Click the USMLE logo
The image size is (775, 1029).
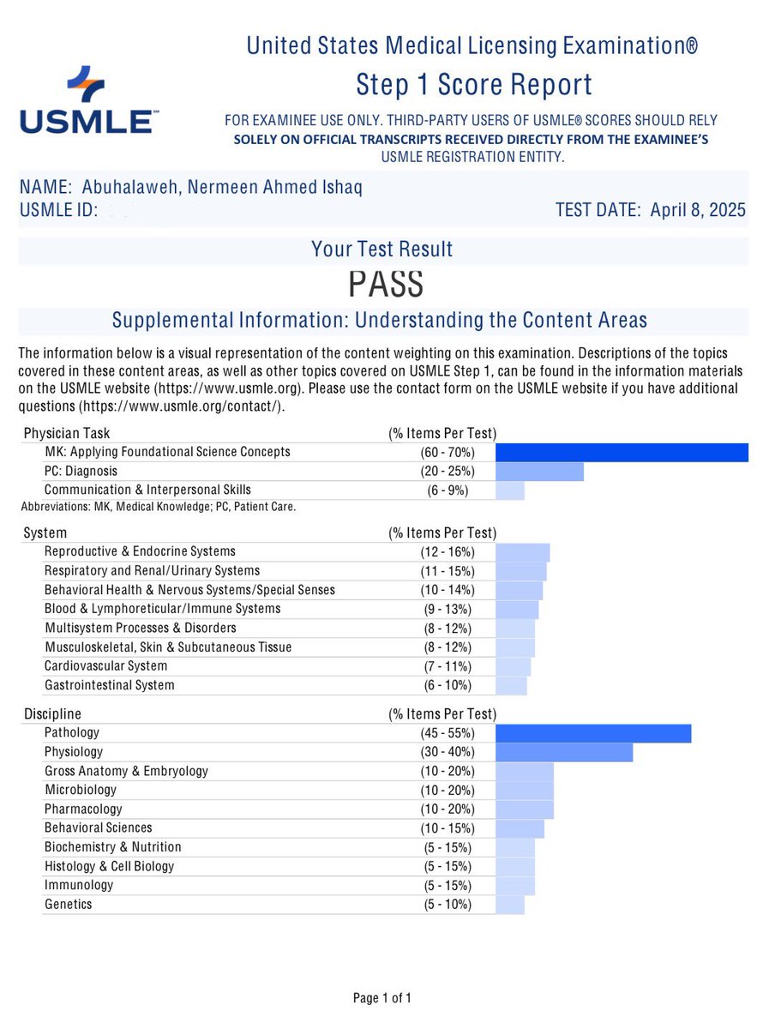[86, 100]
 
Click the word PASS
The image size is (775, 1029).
[385, 284]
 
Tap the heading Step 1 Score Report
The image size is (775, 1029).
[473, 85]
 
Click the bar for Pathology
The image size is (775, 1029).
[593, 733]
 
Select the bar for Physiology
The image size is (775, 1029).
[564, 752]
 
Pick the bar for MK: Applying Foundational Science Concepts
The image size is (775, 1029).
[622, 452]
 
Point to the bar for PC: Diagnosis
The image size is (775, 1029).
[539, 472]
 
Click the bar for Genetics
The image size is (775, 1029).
[510, 905]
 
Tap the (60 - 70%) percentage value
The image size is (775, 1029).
[442, 452]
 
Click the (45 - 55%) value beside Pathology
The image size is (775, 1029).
[442, 733]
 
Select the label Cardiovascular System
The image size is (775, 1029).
[105, 665]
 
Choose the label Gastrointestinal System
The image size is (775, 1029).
[109, 685]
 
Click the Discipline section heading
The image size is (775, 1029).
[52, 714]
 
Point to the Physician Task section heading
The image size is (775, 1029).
[67, 433]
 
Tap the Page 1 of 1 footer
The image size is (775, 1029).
[382, 998]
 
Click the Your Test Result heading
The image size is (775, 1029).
[382, 250]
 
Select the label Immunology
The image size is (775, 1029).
[79, 885]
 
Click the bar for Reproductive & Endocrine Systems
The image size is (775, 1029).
[522, 552]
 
